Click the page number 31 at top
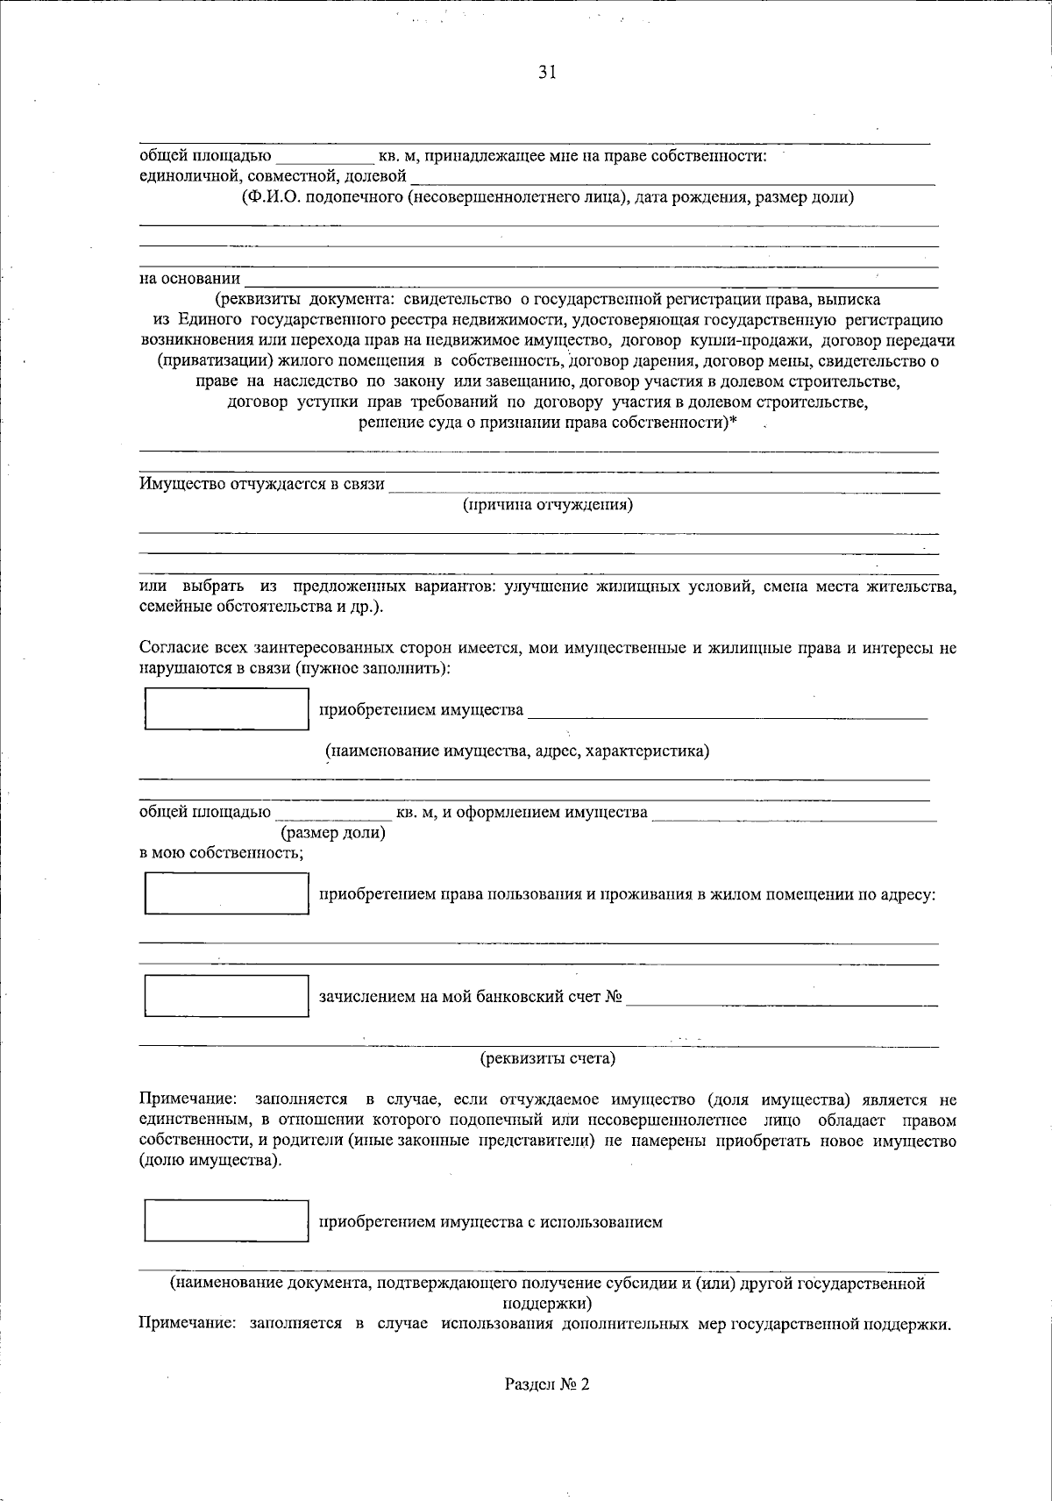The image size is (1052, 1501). pyautogui.click(x=547, y=74)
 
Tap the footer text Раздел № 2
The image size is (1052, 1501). pyautogui.click(x=548, y=1384)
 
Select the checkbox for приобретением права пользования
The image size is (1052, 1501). pyautogui.click(x=226, y=893)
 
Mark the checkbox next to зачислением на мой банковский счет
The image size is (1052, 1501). pyautogui.click(x=226, y=996)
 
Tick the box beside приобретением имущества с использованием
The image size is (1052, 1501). pyautogui.click(x=226, y=1220)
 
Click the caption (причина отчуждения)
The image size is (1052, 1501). pyautogui.click(x=548, y=505)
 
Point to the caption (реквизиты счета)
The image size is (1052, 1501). pyautogui.click(x=548, y=1058)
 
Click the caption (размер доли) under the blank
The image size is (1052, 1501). pyautogui.click(x=332, y=833)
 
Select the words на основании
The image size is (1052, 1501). pyautogui.click(x=190, y=279)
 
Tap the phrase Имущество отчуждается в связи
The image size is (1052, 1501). pyautogui.click(x=262, y=484)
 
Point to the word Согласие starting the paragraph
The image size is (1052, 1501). pyautogui.click(x=171, y=649)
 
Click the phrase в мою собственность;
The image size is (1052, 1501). pyautogui.click(x=222, y=853)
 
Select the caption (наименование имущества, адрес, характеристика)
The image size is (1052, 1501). pyautogui.click(x=517, y=751)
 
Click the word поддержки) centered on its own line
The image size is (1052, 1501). pyautogui.click(x=548, y=1303)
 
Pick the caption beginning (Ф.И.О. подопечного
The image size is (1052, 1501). pyautogui.click(x=548, y=197)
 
